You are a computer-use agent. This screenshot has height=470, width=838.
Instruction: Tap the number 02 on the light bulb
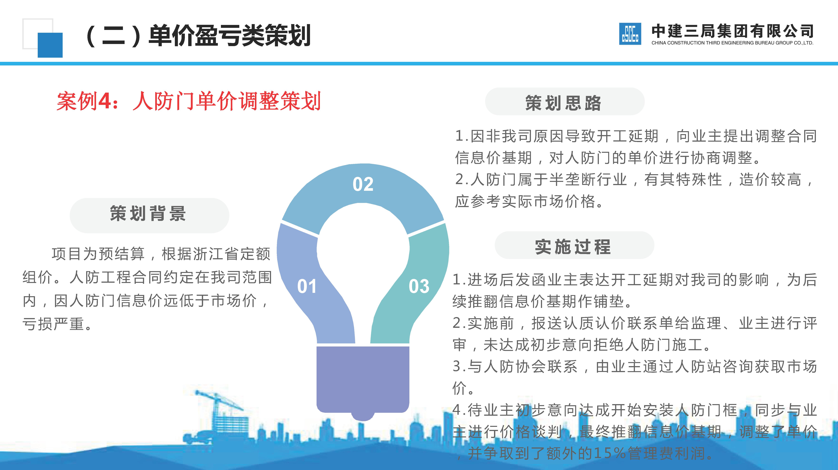363,184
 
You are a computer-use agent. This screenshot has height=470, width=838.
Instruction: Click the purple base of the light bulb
363,379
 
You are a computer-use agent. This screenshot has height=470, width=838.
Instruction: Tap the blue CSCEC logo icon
630,34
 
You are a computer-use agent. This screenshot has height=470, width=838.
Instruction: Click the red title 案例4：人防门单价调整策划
189,101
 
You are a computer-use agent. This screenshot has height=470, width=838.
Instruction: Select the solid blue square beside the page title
50,45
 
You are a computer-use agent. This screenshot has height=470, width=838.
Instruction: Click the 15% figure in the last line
610,453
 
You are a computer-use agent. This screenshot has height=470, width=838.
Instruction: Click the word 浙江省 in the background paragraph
208,254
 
